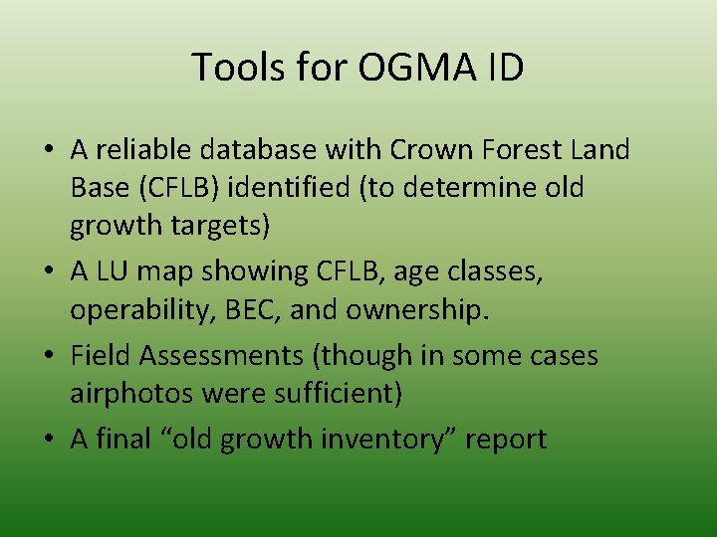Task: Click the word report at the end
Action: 510,439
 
